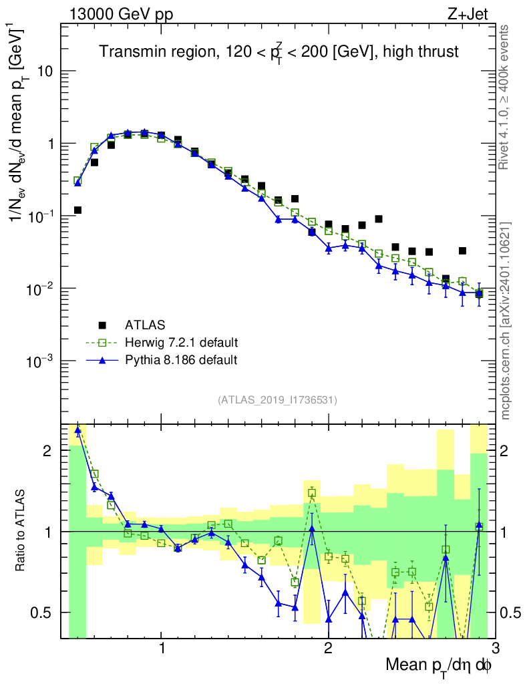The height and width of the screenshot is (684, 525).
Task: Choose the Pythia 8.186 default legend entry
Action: click(180, 360)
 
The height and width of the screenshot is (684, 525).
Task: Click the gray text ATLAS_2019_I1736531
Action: click(277, 400)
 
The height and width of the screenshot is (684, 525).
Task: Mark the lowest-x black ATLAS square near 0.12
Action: click(77, 210)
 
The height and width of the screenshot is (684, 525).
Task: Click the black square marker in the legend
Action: click(102, 325)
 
